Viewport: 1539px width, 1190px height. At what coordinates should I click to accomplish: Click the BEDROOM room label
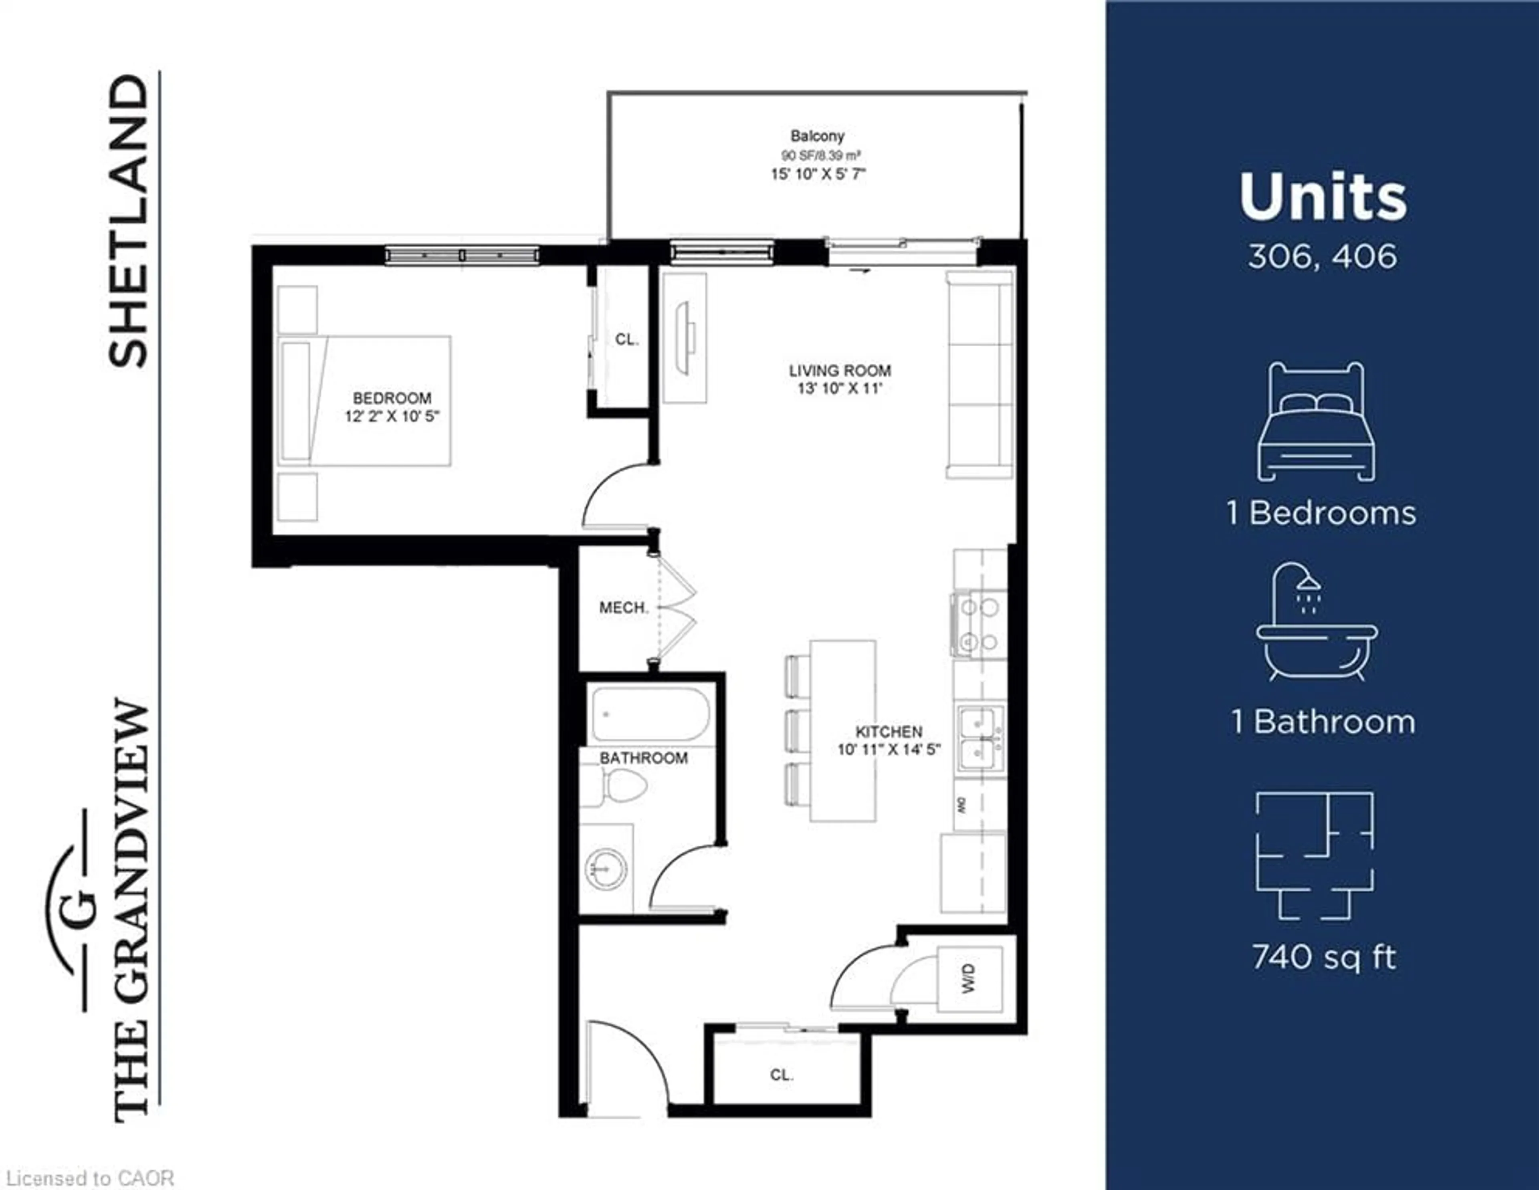coord(392,398)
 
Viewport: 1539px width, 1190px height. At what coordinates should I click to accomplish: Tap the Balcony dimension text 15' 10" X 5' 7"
coord(818,174)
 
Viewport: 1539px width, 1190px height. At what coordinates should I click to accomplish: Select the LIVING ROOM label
coord(839,371)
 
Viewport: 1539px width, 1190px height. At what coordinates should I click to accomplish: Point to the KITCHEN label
coord(889,732)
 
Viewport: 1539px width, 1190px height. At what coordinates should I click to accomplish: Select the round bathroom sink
coord(606,868)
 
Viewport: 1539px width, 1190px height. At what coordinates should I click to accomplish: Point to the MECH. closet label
coord(623,607)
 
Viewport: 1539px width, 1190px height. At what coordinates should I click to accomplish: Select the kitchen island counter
coord(843,730)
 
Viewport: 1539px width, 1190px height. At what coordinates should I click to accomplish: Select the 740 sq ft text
coord(1323,958)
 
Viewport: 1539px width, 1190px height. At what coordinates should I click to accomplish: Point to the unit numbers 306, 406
coord(1322,256)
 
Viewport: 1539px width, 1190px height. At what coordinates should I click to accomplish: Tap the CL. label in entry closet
coord(782,1075)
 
